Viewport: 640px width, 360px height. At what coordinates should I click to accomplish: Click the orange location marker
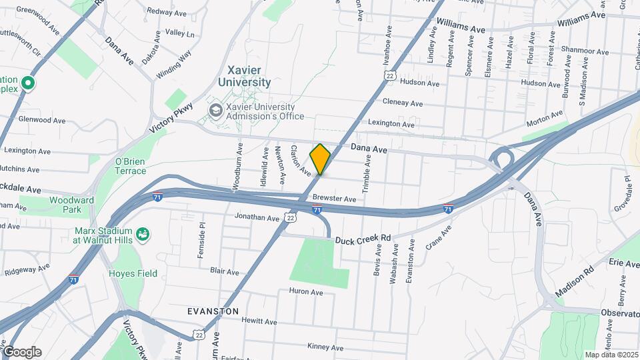(x=320, y=159)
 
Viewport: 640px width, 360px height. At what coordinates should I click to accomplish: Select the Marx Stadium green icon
(x=141, y=234)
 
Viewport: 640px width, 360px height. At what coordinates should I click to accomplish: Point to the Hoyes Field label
(x=133, y=273)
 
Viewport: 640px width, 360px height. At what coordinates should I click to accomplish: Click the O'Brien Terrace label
(x=131, y=166)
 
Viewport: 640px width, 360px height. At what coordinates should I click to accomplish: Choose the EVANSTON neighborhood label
(x=213, y=311)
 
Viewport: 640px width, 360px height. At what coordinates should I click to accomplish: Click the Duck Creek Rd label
(x=362, y=239)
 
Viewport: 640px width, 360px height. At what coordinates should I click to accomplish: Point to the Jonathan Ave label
(x=257, y=217)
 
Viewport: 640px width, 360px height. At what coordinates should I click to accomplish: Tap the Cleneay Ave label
(x=402, y=103)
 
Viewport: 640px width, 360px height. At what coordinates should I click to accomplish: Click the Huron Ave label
(x=306, y=292)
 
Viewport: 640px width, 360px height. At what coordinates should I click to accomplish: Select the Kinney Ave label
(x=325, y=347)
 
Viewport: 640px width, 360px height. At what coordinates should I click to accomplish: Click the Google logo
(x=21, y=352)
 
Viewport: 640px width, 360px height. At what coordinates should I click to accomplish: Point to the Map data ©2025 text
(x=611, y=355)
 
